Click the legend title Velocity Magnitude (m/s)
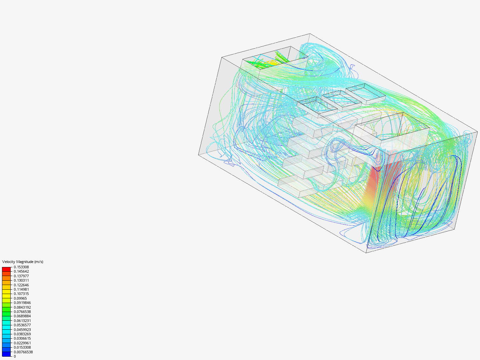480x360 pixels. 23,262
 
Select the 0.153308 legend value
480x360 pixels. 21,267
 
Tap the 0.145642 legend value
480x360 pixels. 21,271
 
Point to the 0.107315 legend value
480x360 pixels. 21,294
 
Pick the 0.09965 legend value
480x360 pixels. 20,298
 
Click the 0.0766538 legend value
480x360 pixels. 22,312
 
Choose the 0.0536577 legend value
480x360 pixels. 22,325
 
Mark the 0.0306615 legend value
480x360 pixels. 22,338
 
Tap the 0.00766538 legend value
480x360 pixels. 23,352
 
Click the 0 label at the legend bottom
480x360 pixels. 15,356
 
